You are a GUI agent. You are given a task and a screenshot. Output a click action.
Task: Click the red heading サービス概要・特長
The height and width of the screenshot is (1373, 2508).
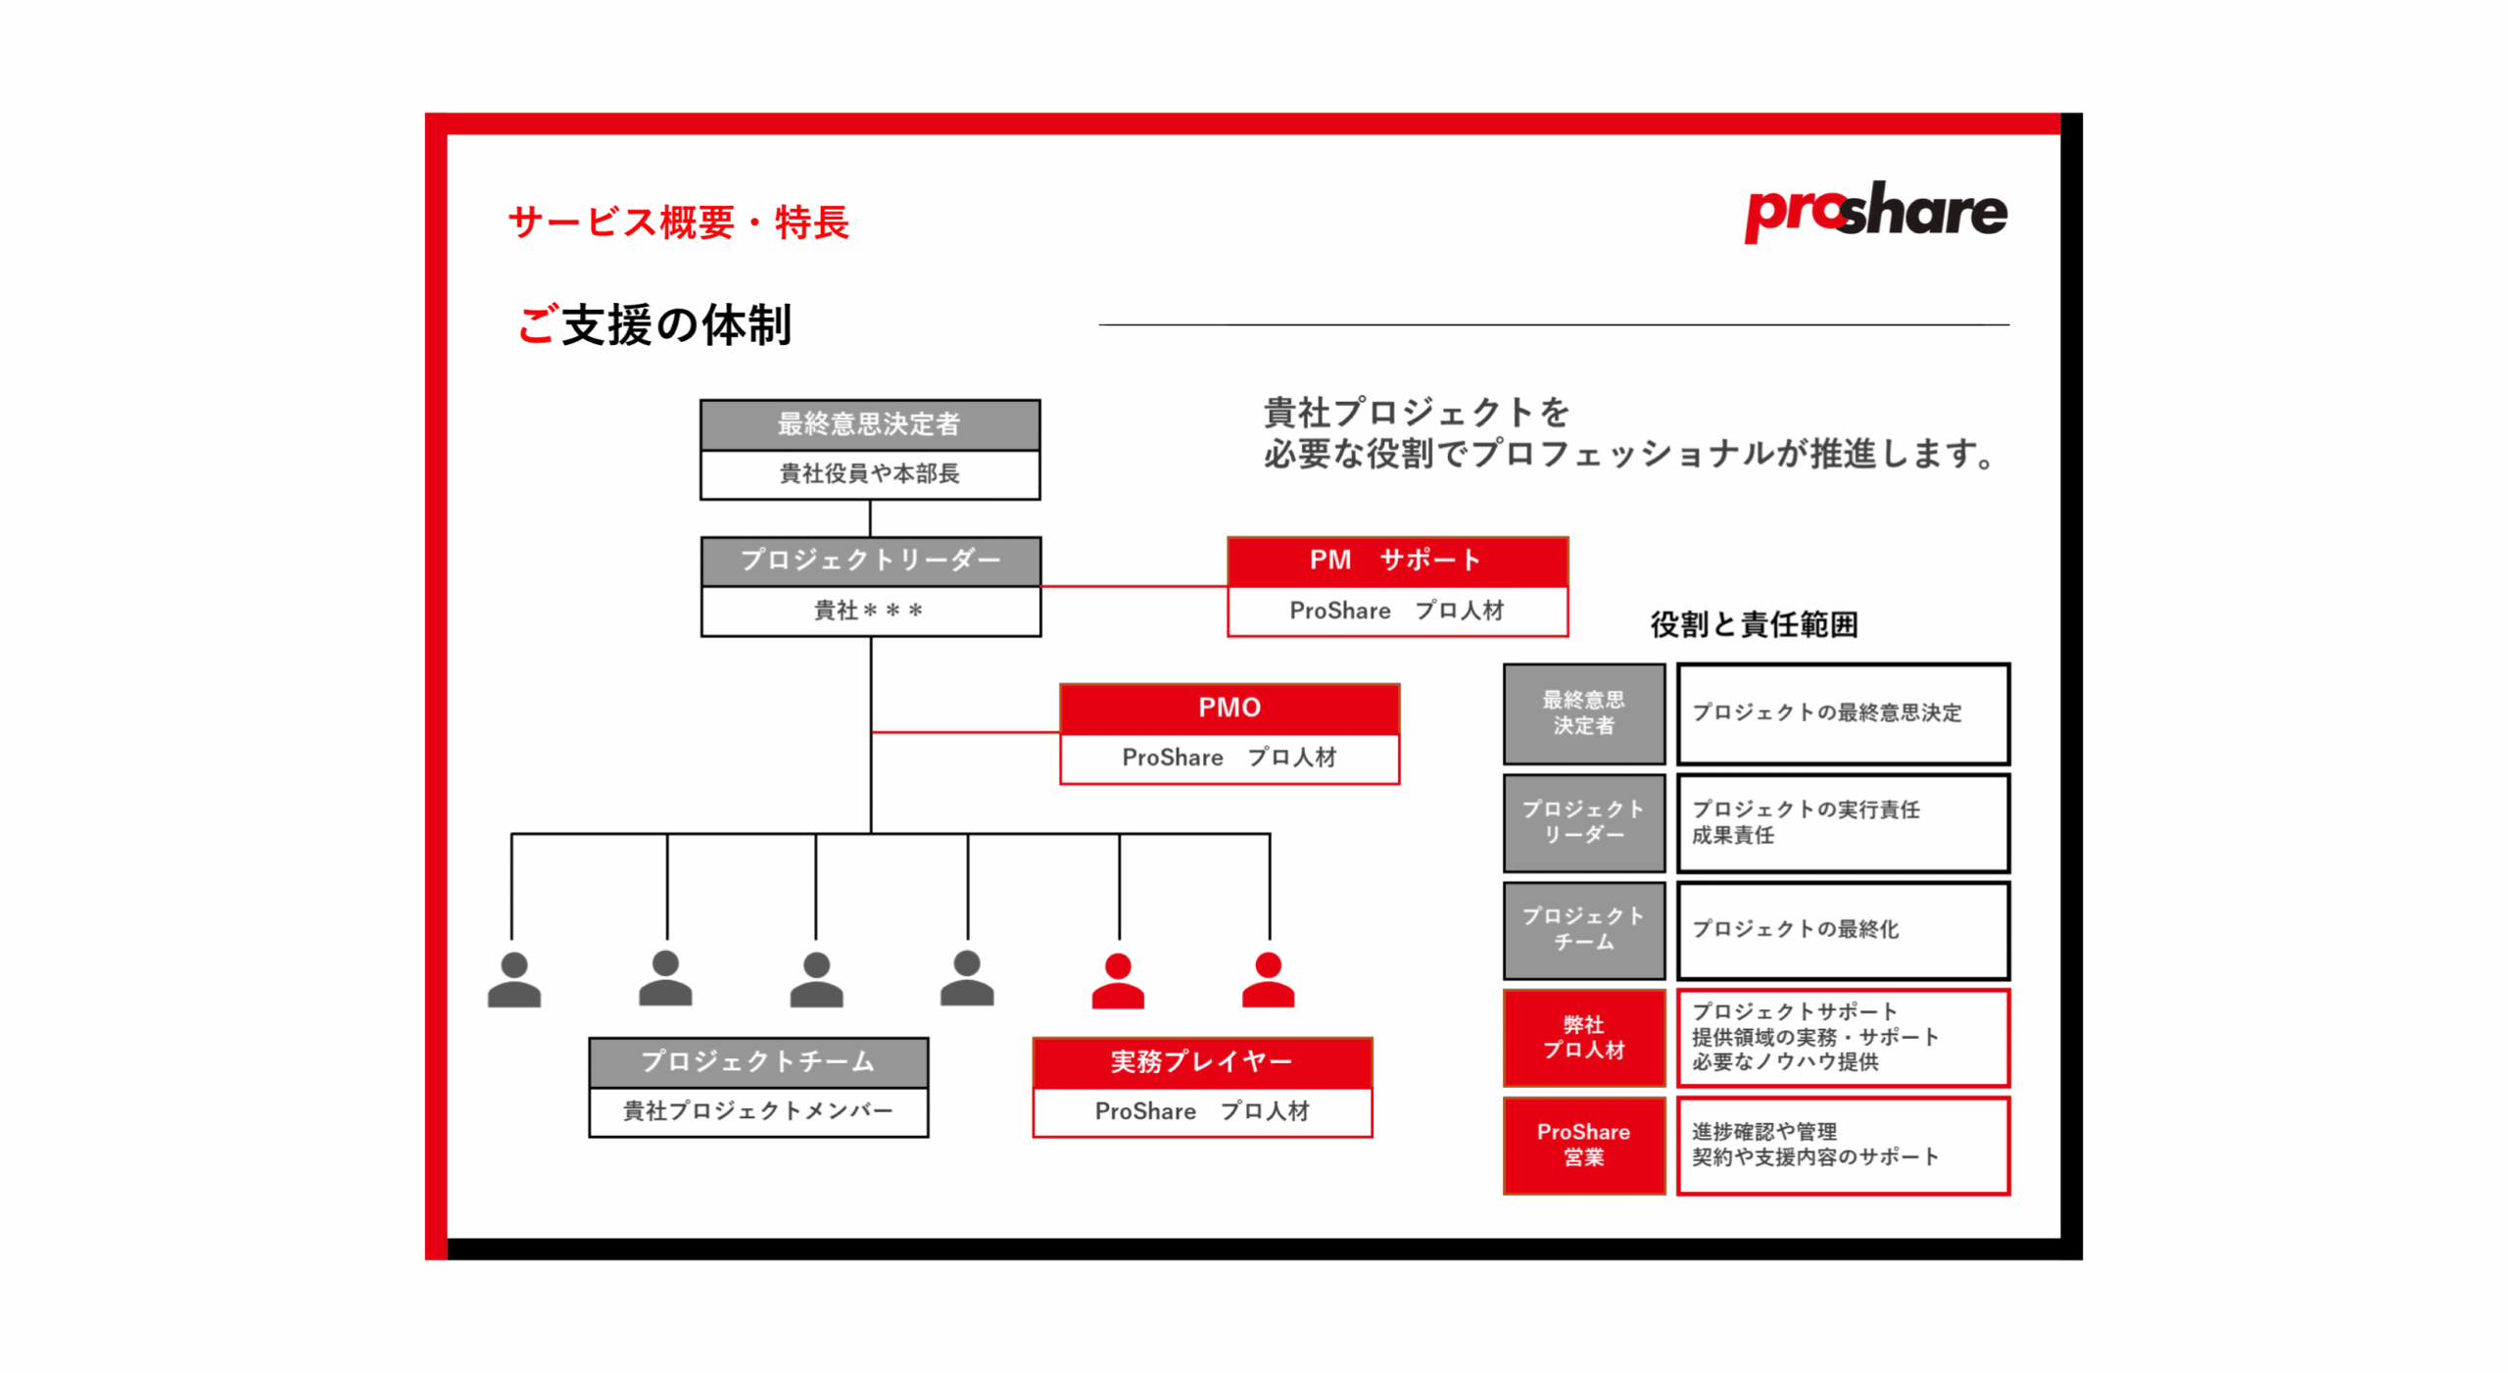[678, 222]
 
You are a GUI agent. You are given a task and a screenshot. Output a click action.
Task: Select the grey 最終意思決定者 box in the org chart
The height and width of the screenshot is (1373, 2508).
[869, 424]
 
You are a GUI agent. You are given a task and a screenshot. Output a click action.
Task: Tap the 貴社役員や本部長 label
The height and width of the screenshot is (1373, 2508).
[869, 474]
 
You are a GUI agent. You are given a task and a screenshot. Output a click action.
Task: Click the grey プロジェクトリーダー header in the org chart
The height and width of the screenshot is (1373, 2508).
[870, 561]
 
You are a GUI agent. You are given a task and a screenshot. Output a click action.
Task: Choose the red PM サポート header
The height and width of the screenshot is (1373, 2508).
[1396, 561]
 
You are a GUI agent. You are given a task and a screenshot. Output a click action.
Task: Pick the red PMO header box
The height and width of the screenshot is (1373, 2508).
[1229, 708]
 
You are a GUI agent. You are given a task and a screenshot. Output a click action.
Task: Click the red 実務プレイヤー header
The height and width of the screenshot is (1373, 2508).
[1201, 1061]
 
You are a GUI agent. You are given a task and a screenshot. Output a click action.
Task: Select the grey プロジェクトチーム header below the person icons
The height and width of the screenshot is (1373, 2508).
[758, 1061]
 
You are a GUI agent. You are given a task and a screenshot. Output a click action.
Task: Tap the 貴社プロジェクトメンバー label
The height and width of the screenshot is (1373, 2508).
[758, 1111]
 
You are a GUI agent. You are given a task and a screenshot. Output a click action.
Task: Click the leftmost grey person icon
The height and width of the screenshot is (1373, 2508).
[513, 979]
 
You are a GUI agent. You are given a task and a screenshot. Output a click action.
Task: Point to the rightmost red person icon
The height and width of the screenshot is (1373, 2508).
[1268, 979]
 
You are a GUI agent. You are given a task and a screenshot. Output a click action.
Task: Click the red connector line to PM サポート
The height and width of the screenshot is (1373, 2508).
[1133, 586]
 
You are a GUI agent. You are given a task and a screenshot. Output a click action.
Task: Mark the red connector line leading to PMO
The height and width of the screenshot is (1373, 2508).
[965, 731]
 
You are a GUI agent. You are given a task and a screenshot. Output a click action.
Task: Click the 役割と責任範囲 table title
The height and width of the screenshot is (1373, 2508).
[1754, 624]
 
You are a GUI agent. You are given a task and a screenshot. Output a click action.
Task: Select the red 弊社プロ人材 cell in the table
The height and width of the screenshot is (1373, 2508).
[1583, 1037]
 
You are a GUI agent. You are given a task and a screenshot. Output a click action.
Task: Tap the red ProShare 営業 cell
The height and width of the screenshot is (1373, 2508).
[1583, 1145]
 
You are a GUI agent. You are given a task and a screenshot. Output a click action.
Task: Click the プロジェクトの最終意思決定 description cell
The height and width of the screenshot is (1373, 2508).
[1842, 712]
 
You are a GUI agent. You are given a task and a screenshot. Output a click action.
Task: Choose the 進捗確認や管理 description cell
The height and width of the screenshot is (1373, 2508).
[1842, 1145]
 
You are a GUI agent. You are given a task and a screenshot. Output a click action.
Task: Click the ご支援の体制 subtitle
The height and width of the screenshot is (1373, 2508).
[654, 324]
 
